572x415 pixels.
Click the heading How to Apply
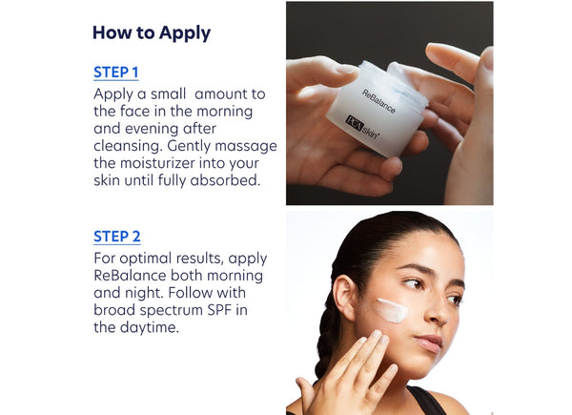click(151, 33)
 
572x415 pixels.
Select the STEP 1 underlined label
click(116, 73)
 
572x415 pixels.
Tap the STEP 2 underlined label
click(116, 237)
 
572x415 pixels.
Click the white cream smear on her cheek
click(391, 309)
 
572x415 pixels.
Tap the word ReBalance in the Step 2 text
click(131, 276)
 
